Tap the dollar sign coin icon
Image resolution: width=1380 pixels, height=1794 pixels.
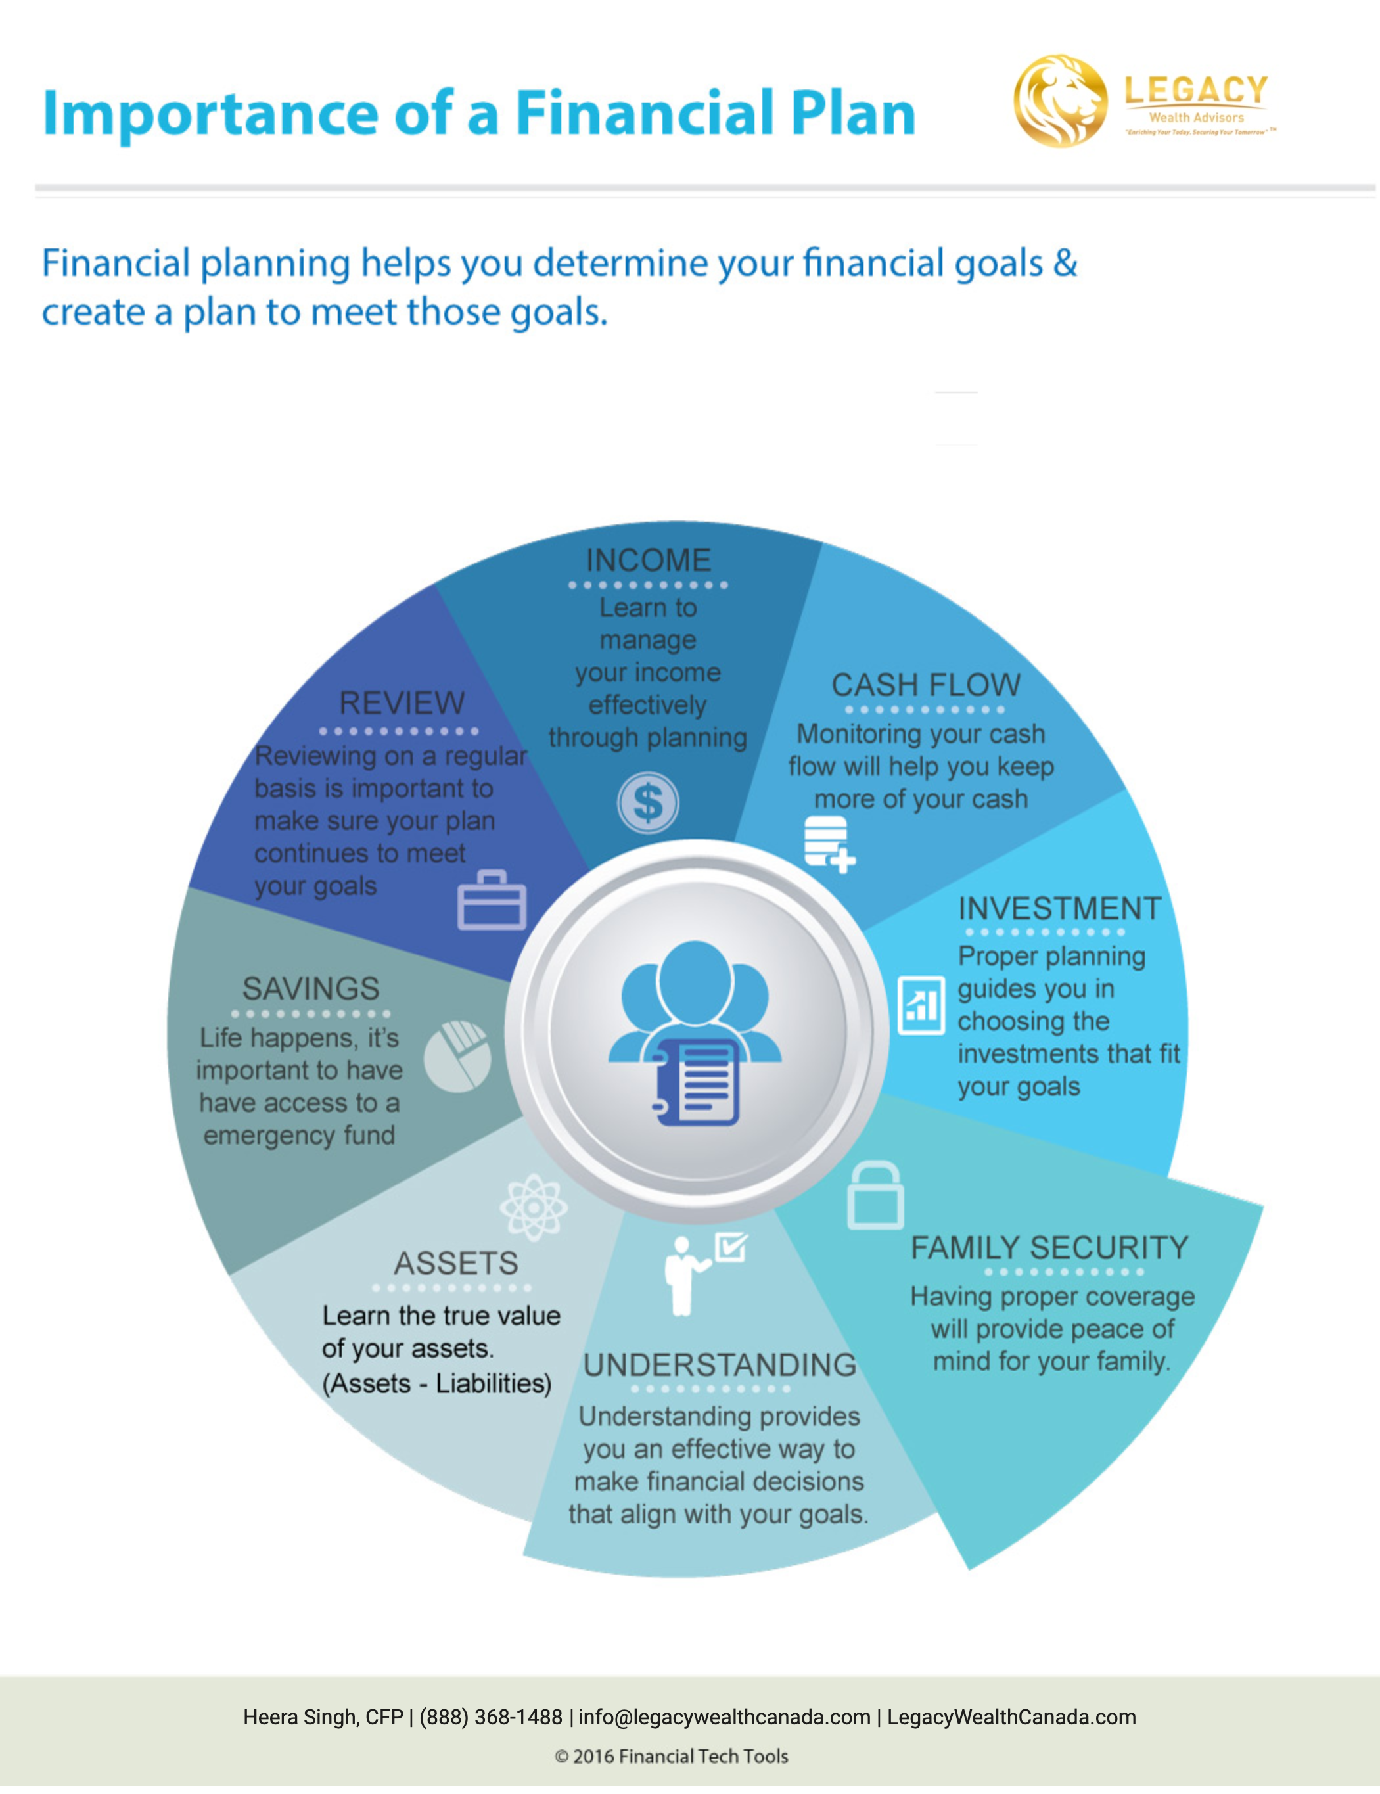(x=648, y=802)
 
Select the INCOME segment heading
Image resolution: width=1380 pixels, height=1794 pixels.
(x=648, y=560)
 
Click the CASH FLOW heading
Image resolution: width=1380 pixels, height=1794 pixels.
(x=926, y=685)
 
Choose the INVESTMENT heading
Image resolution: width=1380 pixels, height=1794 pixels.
(x=1059, y=908)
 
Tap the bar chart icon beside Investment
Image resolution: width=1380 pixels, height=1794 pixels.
(x=921, y=1005)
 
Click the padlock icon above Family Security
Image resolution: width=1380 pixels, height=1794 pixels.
(x=875, y=1195)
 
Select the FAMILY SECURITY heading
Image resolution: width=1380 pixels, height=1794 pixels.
(x=1050, y=1248)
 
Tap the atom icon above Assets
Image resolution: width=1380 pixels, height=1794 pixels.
(x=534, y=1207)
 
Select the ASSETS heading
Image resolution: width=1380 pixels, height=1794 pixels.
(x=456, y=1262)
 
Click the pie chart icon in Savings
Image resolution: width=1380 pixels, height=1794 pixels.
(x=457, y=1057)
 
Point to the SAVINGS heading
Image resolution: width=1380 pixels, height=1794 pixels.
(x=310, y=988)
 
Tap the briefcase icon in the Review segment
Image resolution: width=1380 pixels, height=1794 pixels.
(x=492, y=900)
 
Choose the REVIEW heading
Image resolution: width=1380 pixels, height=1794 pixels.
(x=402, y=703)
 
